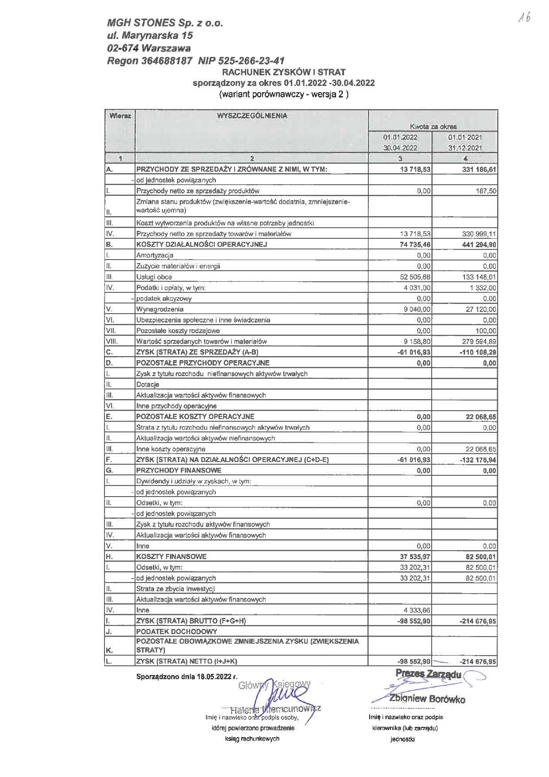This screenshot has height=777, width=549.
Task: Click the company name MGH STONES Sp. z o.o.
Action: (x=165, y=23)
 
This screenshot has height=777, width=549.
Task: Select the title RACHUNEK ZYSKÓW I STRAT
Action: (x=284, y=72)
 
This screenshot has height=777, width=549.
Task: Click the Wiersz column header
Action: (x=120, y=116)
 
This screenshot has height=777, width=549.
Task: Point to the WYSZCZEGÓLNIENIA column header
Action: (x=251, y=116)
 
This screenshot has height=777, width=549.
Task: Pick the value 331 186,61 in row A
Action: (x=478, y=169)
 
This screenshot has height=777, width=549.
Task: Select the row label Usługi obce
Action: (x=154, y=277)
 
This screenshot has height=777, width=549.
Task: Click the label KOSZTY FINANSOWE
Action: (x=171, y=556)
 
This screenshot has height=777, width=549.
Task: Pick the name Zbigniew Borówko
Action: (x=427, y=699)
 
